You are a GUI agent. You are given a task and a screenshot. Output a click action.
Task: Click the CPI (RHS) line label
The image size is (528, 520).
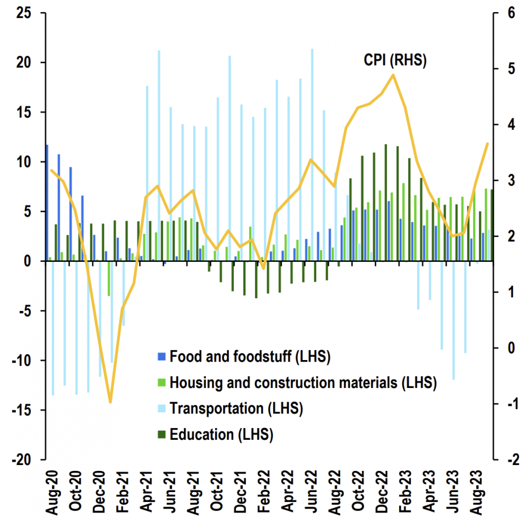(x=395, y=60)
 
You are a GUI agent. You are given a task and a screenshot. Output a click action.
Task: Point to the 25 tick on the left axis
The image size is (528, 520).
(x=24, y=13)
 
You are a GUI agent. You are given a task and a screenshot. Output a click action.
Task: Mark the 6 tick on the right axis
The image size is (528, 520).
(x=510, y=13)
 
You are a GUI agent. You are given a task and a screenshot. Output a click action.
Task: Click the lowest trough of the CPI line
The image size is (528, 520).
(x=110, y=402)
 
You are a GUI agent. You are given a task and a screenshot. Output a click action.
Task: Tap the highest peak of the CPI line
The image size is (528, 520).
(x=393, y=74)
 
